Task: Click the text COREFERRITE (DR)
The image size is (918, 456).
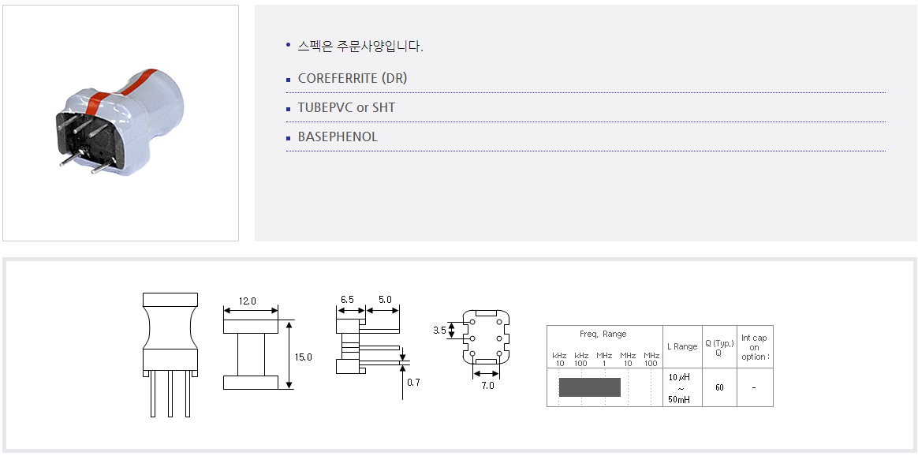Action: point(352,78)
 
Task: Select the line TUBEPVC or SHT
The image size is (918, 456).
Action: point(346,108)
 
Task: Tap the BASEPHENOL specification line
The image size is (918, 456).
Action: point(338,137)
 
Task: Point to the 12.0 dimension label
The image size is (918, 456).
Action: point(247,301)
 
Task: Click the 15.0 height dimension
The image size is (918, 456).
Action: point(304,357)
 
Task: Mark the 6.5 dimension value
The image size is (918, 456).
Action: point(347,299)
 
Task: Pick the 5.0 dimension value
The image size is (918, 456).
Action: point(385,299)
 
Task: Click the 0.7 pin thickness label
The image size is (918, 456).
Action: point(413,383)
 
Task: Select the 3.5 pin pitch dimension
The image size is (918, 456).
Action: point(440,330)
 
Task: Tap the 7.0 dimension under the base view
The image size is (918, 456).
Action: point(487,386)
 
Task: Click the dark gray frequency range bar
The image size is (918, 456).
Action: point(590,387)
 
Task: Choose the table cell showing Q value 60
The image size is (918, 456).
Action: point(719,387)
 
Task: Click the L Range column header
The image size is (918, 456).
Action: point(682,346)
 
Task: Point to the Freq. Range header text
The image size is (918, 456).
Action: point(603,335)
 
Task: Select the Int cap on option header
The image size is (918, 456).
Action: point(754,347)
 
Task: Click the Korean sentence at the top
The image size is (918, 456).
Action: point(360,47)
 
